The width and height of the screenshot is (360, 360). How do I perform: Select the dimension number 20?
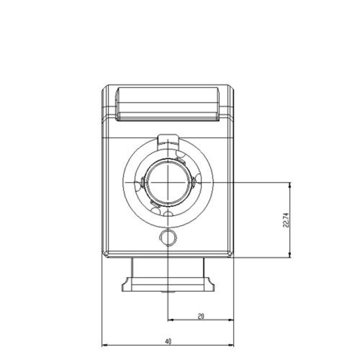[x=201, y=316]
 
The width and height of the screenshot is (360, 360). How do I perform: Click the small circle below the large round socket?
[x=168, y=238]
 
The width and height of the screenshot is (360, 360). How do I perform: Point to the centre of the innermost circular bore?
[x=168, y=182]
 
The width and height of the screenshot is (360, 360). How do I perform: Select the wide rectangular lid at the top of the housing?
[x=168, y=103]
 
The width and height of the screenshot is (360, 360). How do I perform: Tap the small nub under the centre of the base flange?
[x=168, y=292]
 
